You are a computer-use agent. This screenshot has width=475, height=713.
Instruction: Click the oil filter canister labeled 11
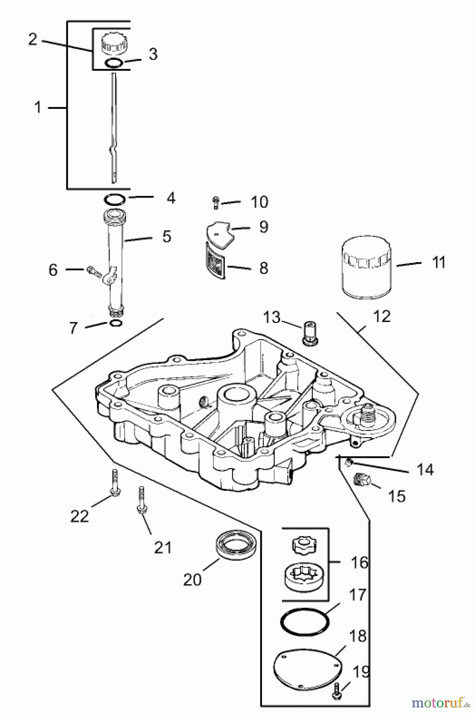click(367, 267)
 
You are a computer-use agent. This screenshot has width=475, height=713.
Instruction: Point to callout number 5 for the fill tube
click(167, 236)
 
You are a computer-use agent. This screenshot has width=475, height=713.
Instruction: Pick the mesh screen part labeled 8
click(216, 261)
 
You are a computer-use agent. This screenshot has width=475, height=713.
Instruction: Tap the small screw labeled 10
click(216, 202)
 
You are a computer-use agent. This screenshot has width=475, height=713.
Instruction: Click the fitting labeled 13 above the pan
click(310, 333)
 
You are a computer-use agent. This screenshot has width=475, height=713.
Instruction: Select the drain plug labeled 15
click(361, 480)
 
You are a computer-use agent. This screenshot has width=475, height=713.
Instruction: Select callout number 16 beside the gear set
click(359, 562)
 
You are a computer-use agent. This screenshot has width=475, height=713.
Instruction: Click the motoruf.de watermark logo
click(439, 701)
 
